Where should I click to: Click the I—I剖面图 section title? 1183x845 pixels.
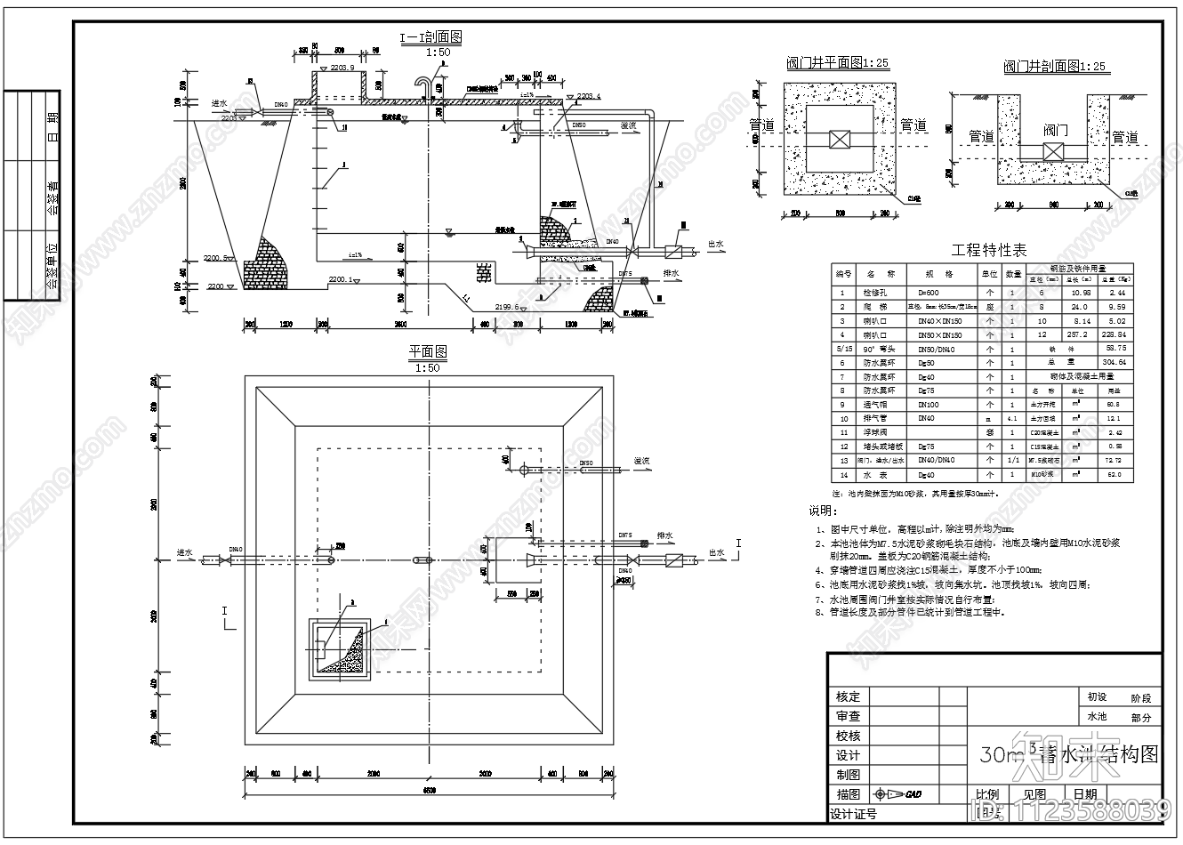430,37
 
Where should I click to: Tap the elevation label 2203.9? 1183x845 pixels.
342,68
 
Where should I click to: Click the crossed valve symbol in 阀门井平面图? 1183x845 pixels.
839,140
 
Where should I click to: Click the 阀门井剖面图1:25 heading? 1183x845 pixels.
1056,67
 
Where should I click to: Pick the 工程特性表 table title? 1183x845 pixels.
983,250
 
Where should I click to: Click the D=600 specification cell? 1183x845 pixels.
929,292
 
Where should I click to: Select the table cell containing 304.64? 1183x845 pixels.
1116,363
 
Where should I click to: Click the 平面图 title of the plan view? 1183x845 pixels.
428,352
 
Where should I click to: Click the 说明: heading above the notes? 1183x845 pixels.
822,511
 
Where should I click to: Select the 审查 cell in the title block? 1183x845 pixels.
848,716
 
